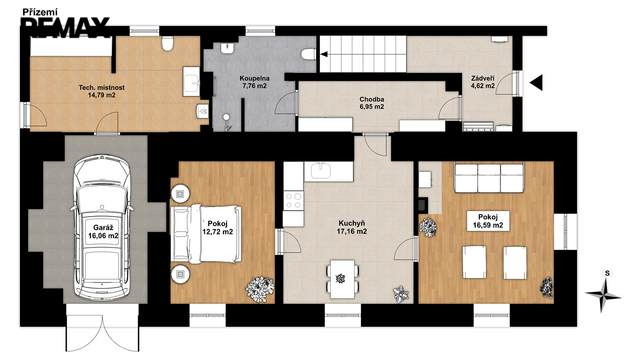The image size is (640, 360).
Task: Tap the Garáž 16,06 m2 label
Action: pos(103,232)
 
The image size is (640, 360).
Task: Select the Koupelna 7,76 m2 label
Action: pos(254,82)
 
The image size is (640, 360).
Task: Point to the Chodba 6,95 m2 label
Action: pos(371,103)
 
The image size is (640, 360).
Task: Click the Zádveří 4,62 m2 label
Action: pos(483,82)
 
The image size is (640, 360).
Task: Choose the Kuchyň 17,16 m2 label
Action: pos(351,227)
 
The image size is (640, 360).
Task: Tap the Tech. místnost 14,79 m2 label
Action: pos(101,91)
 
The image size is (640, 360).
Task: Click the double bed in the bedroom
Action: pos(206,234)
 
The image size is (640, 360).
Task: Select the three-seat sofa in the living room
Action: pos(489,178)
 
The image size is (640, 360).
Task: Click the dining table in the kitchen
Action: pos(342,279)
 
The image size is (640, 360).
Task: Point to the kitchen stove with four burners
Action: pos(293,201)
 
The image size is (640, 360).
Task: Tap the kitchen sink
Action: pos(321,171)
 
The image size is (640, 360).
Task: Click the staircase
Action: pos(363,54)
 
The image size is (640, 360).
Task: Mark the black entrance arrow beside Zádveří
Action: pos(536,83)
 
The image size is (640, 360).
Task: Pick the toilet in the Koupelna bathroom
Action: pos(309,54)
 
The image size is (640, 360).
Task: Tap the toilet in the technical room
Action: pos(167,43)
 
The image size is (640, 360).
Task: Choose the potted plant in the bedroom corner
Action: pos(260,289)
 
